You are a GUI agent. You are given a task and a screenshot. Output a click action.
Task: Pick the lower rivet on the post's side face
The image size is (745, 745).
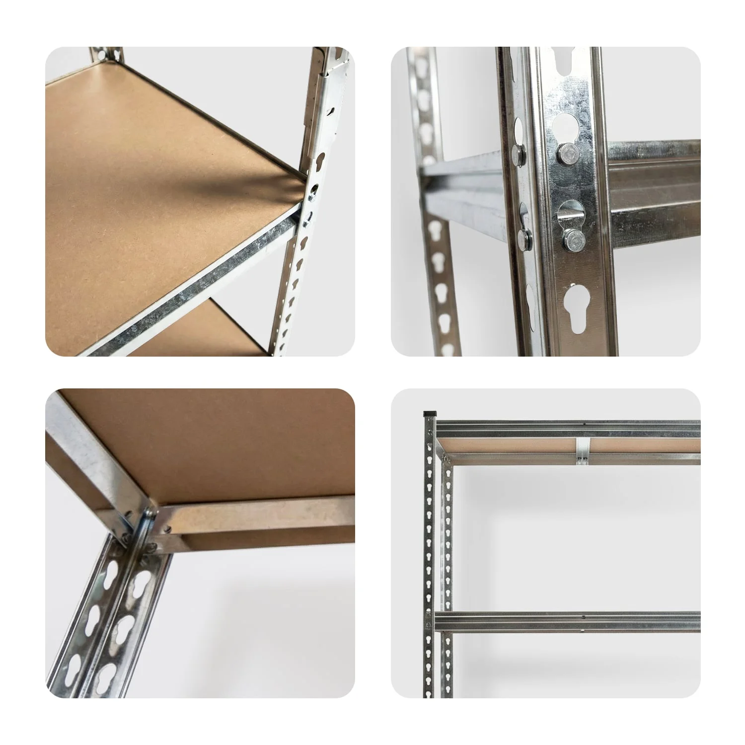pos(523,239)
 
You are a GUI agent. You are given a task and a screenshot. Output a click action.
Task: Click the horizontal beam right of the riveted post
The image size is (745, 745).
pos(656,184)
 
